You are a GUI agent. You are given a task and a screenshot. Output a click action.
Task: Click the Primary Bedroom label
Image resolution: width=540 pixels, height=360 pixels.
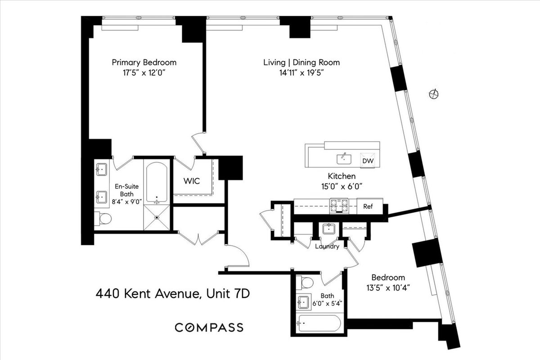click(x=144, y=63)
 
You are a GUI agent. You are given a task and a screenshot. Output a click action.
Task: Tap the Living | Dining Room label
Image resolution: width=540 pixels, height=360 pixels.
click(x=301, y=63)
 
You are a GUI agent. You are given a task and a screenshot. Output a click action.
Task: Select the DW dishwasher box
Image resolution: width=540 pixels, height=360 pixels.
click(x=368, y=161)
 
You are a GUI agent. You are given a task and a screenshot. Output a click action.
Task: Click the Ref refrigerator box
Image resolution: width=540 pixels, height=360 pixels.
click(x=368, y=207)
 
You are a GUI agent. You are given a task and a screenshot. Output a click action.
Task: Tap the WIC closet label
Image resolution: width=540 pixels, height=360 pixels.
click(x=191, y=181)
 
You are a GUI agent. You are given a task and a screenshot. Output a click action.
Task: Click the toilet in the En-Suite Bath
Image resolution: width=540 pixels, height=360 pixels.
click(x=104, y=219)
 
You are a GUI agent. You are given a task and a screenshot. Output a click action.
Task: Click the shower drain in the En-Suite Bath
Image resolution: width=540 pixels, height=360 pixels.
click(x=157, y=218)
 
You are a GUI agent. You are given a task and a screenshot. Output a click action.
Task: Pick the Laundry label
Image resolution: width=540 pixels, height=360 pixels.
click(x=327, y=247)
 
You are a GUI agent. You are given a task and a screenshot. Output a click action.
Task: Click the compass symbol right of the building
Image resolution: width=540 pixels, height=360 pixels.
click(x=434, y=94)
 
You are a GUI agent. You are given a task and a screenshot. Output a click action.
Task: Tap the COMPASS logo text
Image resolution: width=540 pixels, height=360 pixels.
click(x=209, y=327)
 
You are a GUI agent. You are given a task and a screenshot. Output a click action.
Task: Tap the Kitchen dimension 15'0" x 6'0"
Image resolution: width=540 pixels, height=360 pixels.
click(x=342, y=185)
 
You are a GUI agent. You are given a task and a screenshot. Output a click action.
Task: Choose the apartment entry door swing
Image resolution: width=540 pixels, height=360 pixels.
click(x=238, y=256)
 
